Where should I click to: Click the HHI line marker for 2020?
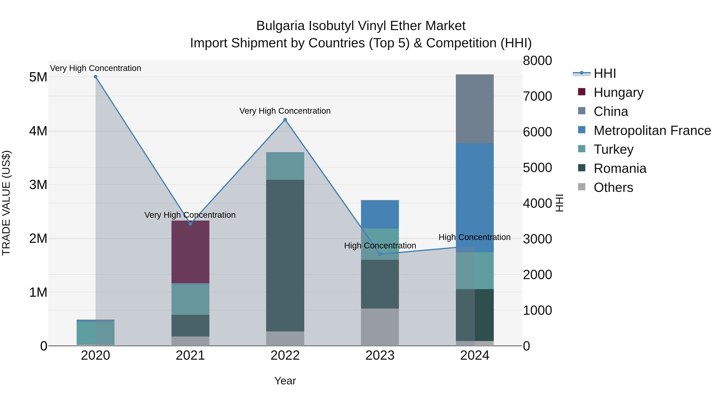96,77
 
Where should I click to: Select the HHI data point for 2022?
285,120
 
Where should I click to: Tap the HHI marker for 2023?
380,254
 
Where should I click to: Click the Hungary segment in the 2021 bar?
190,252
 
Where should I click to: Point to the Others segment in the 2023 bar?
380,327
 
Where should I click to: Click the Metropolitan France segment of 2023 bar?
380,214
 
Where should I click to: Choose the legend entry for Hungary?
618,92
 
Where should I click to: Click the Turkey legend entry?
613,149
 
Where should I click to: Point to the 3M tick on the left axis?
38,185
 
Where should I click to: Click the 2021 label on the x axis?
190,355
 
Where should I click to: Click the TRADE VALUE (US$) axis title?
6,203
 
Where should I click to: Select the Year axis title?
285,381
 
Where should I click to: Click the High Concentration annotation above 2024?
474,237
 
